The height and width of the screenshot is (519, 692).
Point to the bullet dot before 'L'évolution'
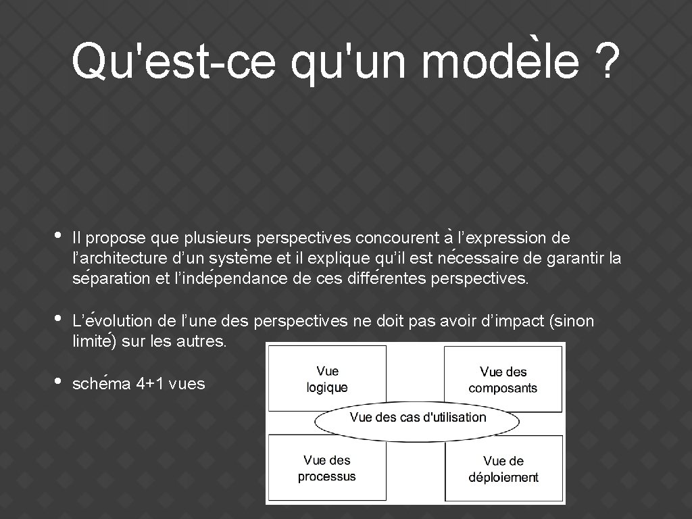click(58, 318)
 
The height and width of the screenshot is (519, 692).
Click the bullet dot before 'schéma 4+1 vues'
click(58, 382)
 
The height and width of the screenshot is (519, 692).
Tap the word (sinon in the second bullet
click(573, 322)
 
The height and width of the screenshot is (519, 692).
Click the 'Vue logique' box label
click(327, 379)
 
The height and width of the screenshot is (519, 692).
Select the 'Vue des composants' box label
click(503, 380)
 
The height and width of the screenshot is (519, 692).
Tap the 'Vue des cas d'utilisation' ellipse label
click(418, 417)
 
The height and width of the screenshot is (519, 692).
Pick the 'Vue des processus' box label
click(327, 468)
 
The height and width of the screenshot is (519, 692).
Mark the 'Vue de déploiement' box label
click(503, 469)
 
